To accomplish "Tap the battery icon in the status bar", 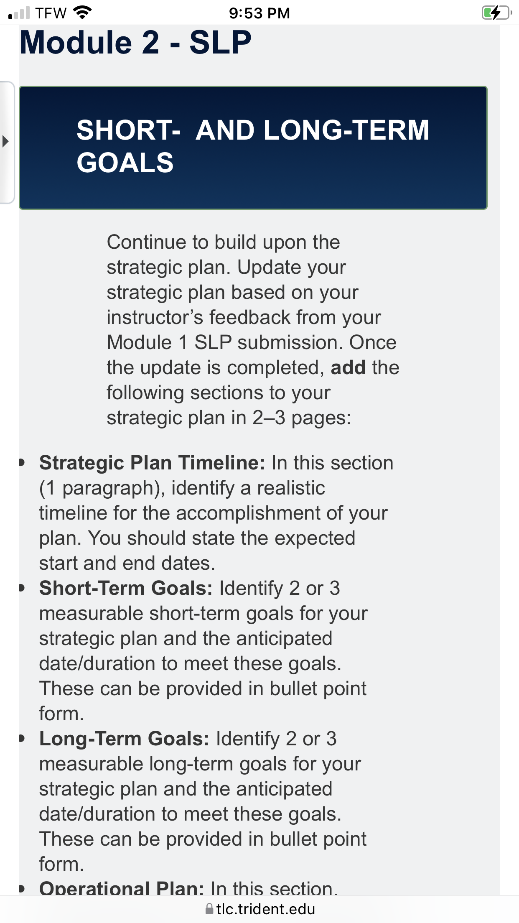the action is (497, 13).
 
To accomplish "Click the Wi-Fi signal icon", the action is (82, 13).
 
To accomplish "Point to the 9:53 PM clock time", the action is (259, 13).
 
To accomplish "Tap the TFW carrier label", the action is (51, 13).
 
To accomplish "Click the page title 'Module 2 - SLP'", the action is (136, 42).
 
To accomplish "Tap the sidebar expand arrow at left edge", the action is (5, 141).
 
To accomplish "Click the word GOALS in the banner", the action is (125, 162).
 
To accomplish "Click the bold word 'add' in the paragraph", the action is (348, 367).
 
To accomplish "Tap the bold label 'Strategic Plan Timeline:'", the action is (152, 463).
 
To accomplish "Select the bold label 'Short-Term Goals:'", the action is (126, 588).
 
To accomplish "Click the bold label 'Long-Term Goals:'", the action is (124, 739).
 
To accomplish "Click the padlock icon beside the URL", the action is (209, 909).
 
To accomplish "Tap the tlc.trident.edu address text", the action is (266, 909).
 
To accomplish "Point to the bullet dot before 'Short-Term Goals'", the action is (22, 588).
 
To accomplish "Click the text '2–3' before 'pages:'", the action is (269, 418).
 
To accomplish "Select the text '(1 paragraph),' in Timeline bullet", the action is (102, 488).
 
